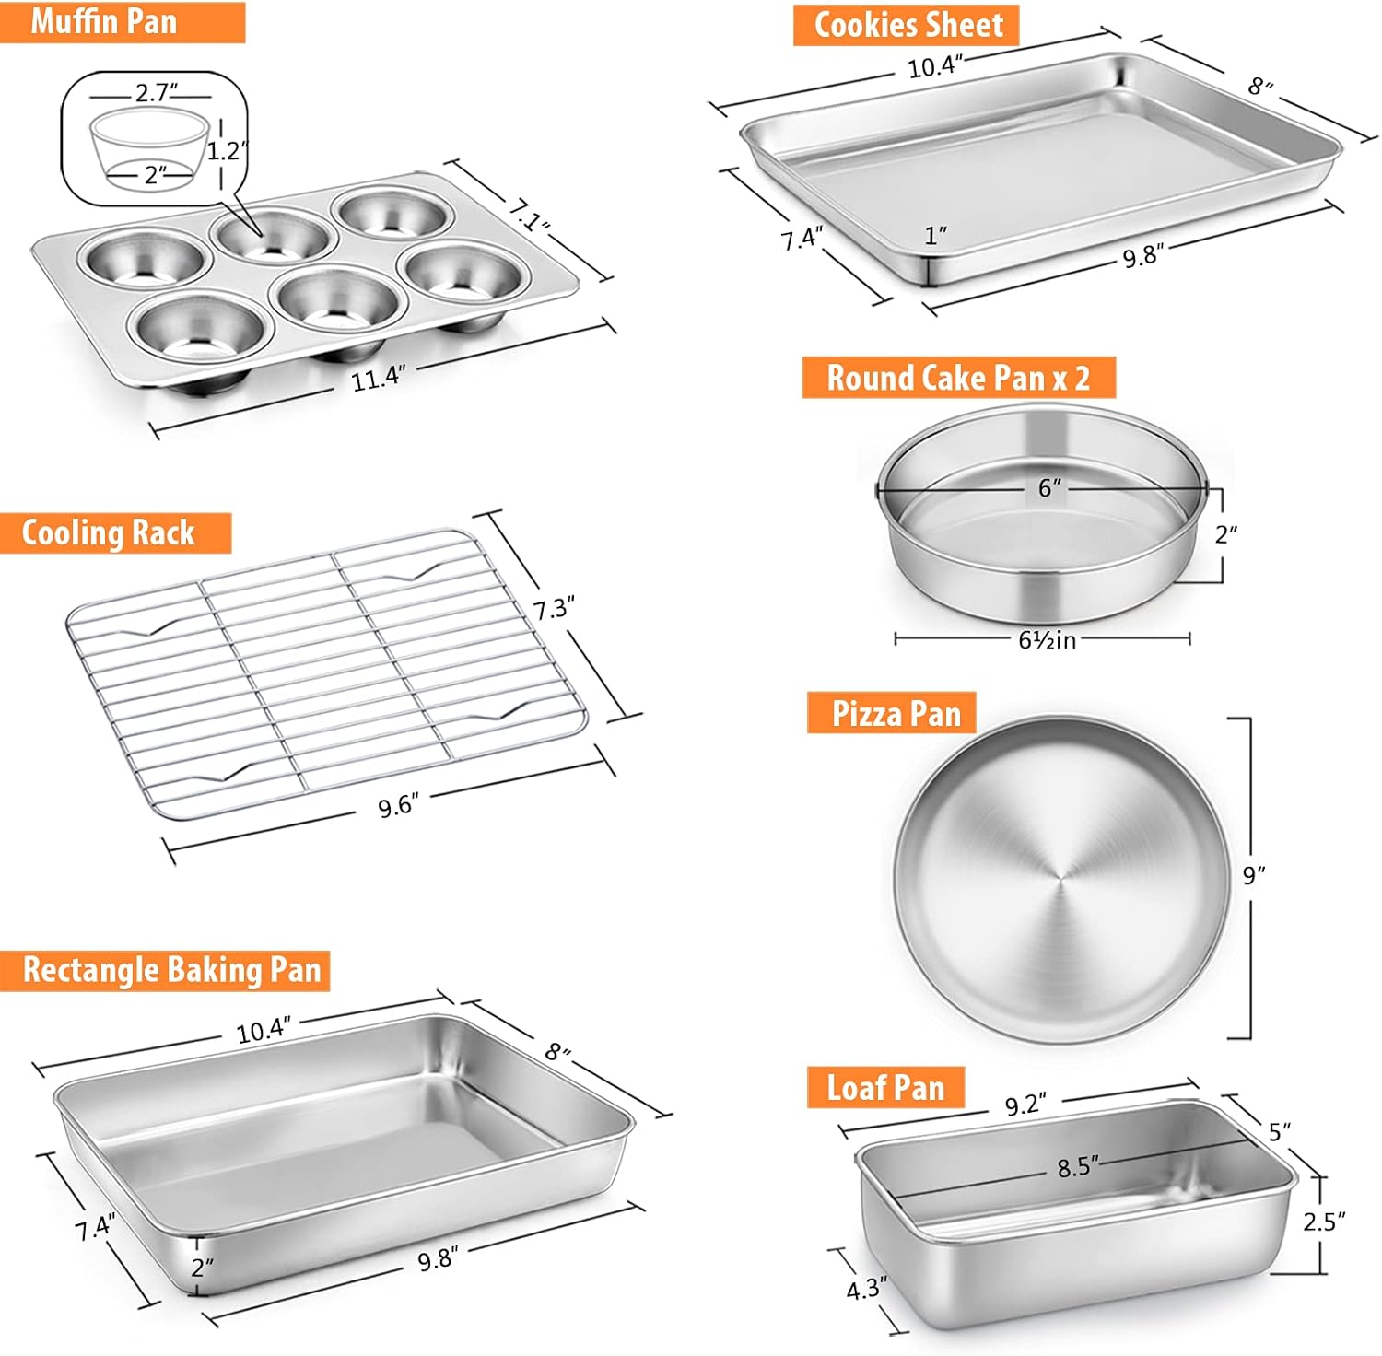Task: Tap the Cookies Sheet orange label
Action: click(x=908, y=25)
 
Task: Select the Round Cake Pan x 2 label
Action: click(x=958, y=378)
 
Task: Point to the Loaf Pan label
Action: click(x=885, y=1088)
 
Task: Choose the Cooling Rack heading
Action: click(x=109, y=533)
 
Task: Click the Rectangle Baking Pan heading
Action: click(x=171, y=970)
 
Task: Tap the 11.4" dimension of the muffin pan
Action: click(x=379, y=378)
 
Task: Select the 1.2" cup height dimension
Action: click(x=227, y=150)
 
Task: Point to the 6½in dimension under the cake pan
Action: click(x=1048, y=639)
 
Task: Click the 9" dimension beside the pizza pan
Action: click(x=1254, y=874)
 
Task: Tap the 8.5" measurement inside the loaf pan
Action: click(x=1078, y=1167)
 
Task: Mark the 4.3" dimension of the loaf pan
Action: click(x=866, y=1289)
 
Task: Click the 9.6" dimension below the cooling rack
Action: click(x=398, y=806)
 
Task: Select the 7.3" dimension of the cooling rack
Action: click(x=554, y=609)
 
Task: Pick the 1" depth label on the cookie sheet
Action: click(x=936, y=236)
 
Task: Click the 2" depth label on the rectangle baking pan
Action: click(x=202, y=1268)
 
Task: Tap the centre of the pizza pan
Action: click(x=1060, y=880)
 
